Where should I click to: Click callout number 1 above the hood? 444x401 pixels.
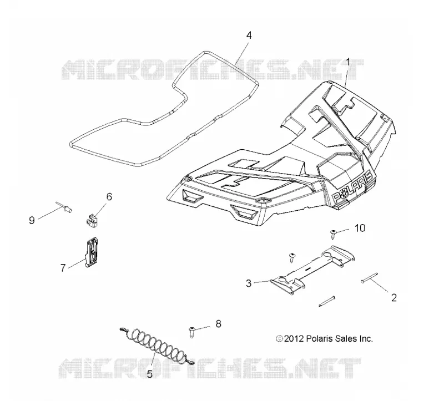tap(348, 62)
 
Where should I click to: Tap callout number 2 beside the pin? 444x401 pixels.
tap(394, 297)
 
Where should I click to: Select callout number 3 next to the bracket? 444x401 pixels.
tap(249, 283)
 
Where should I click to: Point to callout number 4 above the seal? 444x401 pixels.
tap(249, 35)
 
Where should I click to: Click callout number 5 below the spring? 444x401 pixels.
tap(150, 374)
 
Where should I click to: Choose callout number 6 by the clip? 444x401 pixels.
tap(109, 196)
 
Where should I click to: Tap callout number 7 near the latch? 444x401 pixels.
tap(63, 267)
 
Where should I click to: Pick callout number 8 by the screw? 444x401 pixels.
tap(218, 324)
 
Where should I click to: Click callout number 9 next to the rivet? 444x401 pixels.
tap(32, 220)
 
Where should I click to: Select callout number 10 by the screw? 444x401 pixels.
tap(360, 228)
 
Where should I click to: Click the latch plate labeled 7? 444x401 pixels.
tap(92, 252)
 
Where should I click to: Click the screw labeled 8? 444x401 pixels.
tap(192, 332)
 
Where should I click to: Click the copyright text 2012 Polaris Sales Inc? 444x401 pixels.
tap(325, 338)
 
